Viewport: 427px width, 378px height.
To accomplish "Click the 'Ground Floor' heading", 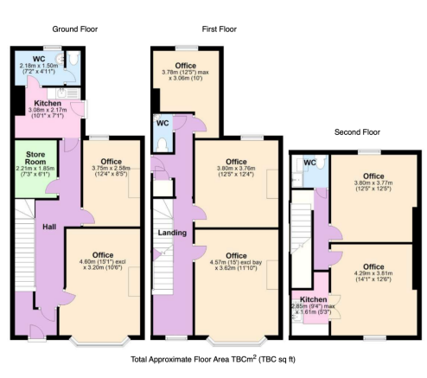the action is click(x=75, y=29).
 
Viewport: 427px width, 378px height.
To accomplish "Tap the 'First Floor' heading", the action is click(x=220, y=29).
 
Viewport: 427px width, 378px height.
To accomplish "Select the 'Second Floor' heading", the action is click(x=357, y=132).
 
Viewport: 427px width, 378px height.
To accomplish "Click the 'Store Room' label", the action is click(x=35, y=158).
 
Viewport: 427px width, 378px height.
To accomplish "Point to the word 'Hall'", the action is click(x=49, y=227).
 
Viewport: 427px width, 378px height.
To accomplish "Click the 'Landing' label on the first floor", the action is click(x=172, y=233).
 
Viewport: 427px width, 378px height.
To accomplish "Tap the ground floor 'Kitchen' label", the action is click(x=48, y=103).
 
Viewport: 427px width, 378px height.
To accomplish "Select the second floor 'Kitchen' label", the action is click(x=314, y=299).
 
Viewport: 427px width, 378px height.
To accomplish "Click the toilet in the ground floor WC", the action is click(x=73, y=58).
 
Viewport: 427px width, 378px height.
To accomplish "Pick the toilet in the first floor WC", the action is click(x=163, y=144).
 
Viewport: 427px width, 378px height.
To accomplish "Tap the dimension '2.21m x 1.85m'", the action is click(x=35, y=169).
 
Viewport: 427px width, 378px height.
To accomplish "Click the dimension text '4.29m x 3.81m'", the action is click(x=373, y=273).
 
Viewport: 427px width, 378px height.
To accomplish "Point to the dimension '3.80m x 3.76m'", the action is click(x=236, y=169).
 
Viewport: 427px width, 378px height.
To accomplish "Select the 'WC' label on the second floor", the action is click(x=310, y=163).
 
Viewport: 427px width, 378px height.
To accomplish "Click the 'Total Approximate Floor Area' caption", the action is click(x=213, y=360).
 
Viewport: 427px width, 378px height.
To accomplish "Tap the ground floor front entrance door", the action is click(x=37, y=332).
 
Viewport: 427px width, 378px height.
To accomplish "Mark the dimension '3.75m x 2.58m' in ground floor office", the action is click(x=111, y=169).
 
